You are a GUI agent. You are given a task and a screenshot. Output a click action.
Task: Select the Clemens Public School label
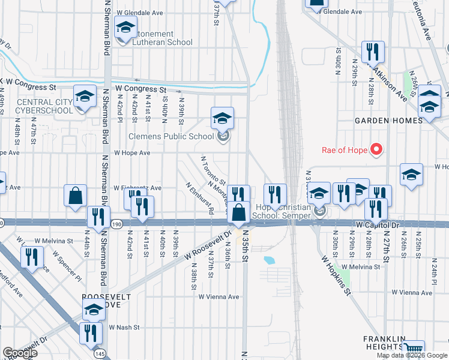[x=171, y=136]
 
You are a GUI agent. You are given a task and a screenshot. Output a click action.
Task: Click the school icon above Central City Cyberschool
[x=85, y=96]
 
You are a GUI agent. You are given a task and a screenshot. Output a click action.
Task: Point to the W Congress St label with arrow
[x=141, y=89]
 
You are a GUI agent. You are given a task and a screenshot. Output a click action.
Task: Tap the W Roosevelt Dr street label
[x=208, y=247]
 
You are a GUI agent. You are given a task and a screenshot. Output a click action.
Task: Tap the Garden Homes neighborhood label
[x=388, y=121]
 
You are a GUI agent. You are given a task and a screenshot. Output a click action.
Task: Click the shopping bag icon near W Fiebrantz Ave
[x=76, y=196]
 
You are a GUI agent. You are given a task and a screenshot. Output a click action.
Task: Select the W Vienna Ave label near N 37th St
[x=218, y=296]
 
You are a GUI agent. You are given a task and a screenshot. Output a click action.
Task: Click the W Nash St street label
[x=124, y=328]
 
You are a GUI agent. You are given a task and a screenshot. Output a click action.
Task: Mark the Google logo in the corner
[x=20, y=353]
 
